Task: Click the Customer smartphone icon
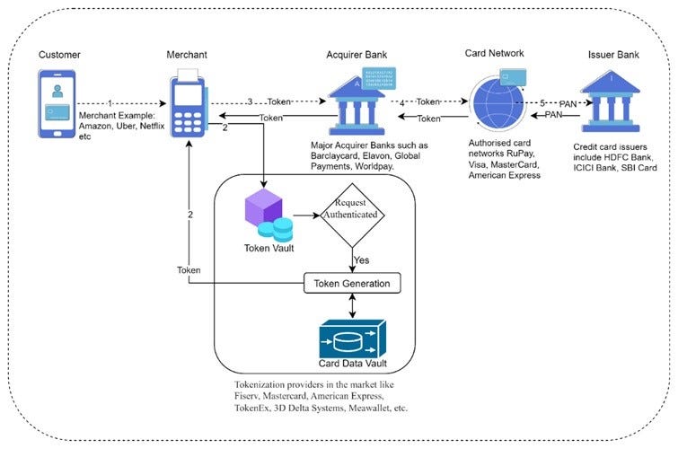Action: pos(57,104)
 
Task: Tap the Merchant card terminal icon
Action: pos(189,103)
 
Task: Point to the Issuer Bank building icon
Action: pos(611,101)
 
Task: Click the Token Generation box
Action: pos(352,284)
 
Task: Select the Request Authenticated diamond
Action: pos(352,215)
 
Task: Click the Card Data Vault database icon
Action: pos(353,339)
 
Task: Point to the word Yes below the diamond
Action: pos(362,260)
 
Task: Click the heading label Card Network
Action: pos(494,53)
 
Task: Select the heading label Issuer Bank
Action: pos(613,55)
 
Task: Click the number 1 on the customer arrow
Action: pos(110,103)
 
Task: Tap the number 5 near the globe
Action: pos(542,103)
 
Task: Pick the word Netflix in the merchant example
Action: pos(152,126)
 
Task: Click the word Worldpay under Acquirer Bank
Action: pos(374,166)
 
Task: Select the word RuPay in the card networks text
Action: pos(521,154)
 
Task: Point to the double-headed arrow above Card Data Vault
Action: pos(352,305)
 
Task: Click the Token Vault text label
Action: pos(269,249)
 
